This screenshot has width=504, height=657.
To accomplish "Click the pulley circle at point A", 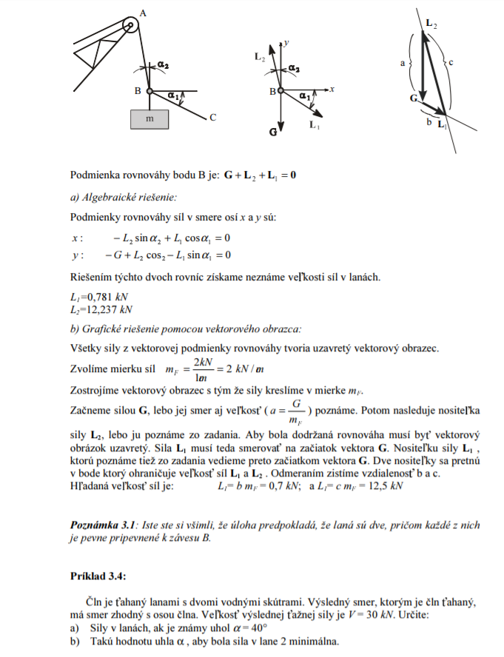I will click(131, 25).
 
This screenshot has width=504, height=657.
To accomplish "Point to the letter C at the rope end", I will click(212, 117).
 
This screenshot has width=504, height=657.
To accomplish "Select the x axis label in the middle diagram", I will click(334, 88).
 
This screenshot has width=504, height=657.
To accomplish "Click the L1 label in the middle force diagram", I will click(314, 125).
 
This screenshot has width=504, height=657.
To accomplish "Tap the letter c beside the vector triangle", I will click(451, 62).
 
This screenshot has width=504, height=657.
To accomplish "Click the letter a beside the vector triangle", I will click(403, 63).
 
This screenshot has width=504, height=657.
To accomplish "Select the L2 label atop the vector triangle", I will click(431, 24).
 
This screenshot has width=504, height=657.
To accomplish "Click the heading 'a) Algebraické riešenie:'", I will click(124, 198).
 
